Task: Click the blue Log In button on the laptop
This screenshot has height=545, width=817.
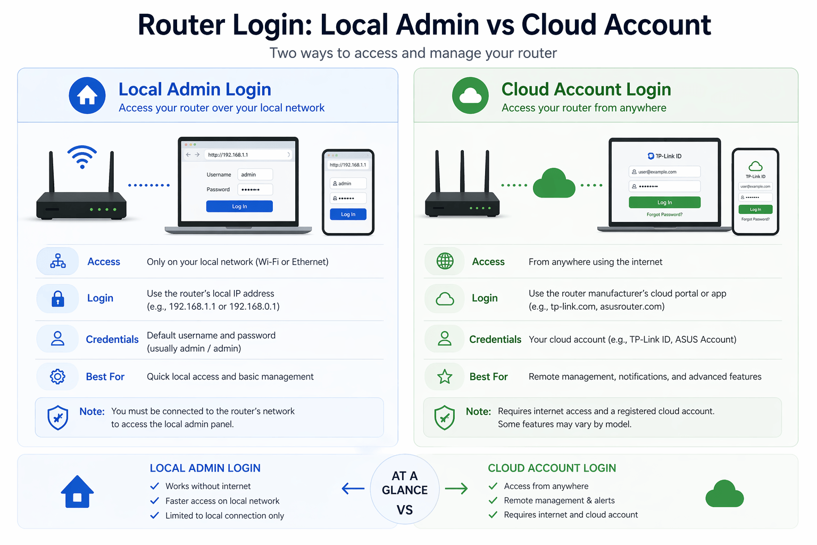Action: click(239, 207)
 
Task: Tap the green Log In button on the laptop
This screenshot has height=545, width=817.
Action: click(664, 202)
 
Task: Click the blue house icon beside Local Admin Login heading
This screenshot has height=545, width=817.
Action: click(87, 96)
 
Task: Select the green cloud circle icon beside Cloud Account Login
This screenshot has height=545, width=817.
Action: click(470, 96)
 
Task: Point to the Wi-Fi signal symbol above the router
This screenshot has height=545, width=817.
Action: click(82, 156)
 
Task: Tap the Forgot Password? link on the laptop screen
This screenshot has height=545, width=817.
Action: click(664, 214)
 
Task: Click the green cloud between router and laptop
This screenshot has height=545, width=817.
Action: click(554, 184)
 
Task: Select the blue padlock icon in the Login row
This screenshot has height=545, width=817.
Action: click(58, 299)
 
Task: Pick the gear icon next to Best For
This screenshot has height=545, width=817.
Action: click(57, 377)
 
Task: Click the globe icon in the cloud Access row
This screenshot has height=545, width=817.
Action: click(445, 261)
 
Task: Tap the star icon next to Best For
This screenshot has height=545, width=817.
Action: click(445, 377)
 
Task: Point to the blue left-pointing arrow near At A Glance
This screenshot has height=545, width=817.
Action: click(353, 488)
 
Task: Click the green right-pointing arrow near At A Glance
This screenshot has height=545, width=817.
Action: click(456, 488)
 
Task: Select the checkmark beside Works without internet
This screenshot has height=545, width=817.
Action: click(155, 486)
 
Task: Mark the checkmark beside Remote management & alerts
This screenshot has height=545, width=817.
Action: click(493, 500)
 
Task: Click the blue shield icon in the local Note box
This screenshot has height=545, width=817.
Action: click(58, 418)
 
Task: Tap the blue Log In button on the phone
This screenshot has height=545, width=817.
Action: click(348, 214)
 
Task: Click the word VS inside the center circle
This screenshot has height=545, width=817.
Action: click(405, 510)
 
